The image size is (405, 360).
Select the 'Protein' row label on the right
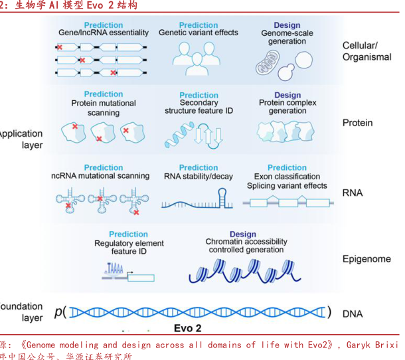tap(357, 123)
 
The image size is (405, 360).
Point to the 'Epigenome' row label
tap(366, 259)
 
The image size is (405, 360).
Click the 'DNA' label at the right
tap(353, 313)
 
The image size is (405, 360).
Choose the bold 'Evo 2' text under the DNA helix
tap(187, 328)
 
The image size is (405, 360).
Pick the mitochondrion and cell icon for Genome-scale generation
tap(277, 64)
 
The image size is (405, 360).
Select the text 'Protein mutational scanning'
tap(104, 108)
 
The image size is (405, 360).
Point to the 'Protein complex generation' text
tap(287, 107)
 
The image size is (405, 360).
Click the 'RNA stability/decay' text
tap(199, 177)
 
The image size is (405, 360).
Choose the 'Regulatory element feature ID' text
tap(128, 248)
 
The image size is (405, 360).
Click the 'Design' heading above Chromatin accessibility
tap(243, 234)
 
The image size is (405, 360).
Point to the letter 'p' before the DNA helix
tap(58, 312)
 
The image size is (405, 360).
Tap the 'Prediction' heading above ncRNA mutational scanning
tap(104, 168)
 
